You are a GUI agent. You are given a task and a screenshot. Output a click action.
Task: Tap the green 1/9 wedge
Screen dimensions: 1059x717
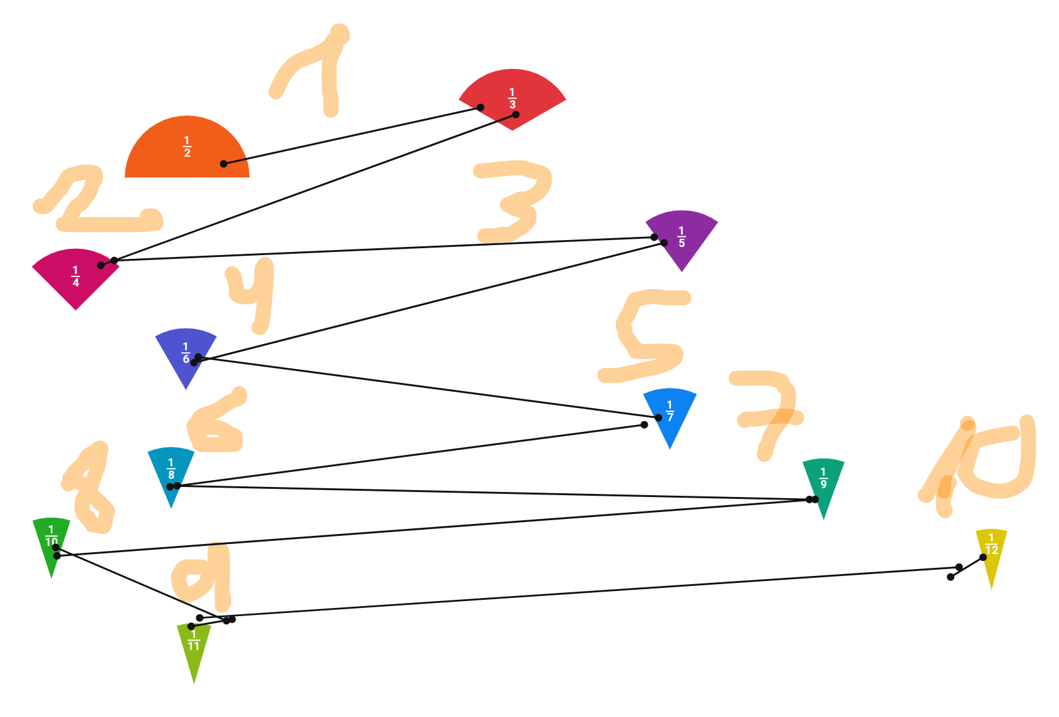point(823,483)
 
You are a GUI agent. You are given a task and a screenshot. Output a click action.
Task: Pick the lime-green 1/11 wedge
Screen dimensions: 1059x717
point(194,646)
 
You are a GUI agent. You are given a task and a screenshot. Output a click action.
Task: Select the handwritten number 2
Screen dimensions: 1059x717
point(94,201)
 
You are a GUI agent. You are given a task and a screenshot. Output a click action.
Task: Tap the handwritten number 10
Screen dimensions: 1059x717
point(984,464)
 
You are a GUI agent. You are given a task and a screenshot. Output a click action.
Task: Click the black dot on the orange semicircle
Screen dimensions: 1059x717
point(224,164)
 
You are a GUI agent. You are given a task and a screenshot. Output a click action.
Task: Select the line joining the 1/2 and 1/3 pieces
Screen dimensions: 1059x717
point(351,135)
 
